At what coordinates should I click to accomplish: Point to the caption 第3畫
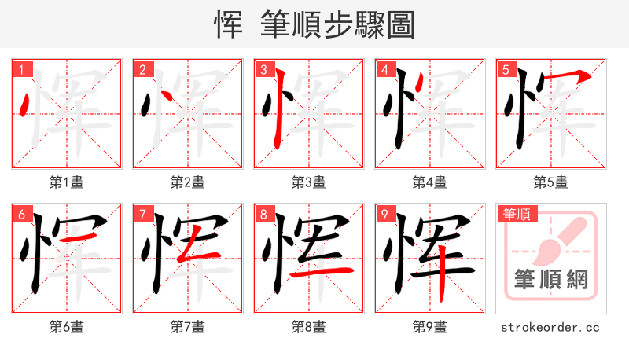pos(308,182)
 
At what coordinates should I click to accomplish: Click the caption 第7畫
pos(187,326)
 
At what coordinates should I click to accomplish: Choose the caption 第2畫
pos(187,182)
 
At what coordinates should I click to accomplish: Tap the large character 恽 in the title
pos(228,24)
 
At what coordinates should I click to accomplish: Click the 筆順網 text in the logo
pos(551,279)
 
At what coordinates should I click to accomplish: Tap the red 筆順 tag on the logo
pos(516,214)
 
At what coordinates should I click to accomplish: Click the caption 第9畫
pos(429,326)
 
